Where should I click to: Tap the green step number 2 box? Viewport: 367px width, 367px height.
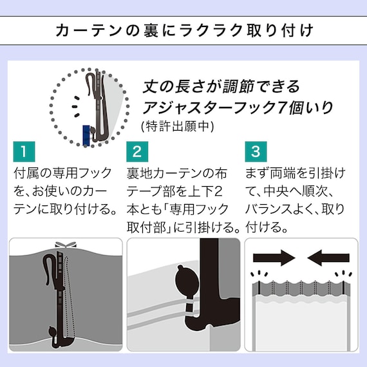coord(136,153)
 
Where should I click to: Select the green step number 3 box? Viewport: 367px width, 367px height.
coord(255,153)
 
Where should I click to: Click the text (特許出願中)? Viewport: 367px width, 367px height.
coord(176,126)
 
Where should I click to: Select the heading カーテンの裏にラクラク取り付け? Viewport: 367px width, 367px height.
coord(183,30)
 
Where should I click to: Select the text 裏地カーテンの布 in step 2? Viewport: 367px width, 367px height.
coord(177,174)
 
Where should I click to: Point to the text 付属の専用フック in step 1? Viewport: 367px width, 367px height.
coord(61,174)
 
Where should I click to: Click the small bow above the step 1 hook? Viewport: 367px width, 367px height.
coord(62,245)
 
